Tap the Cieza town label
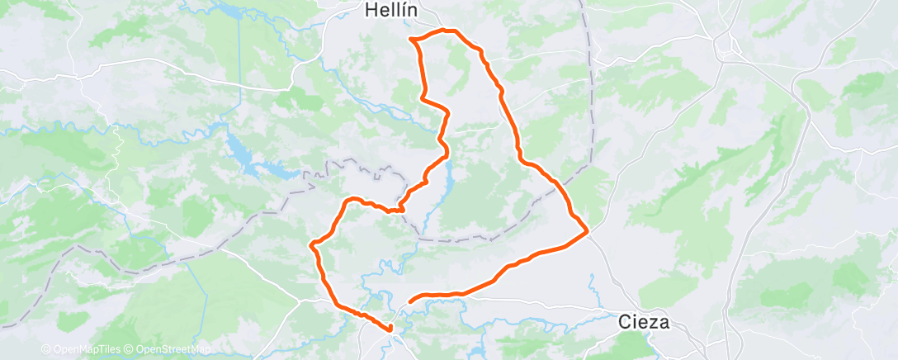pos(645,322)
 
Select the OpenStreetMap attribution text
pos(173,349)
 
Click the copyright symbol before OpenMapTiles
pos(45,349)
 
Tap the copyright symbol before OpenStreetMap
pos(130,349)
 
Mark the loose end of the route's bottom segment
pos(410,301)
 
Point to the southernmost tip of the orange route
pos(390,330)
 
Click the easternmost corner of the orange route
pos(587,232)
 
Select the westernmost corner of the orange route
pos(310,244)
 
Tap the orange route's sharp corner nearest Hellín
pos(411,39)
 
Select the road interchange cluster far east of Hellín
pos(728,45)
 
